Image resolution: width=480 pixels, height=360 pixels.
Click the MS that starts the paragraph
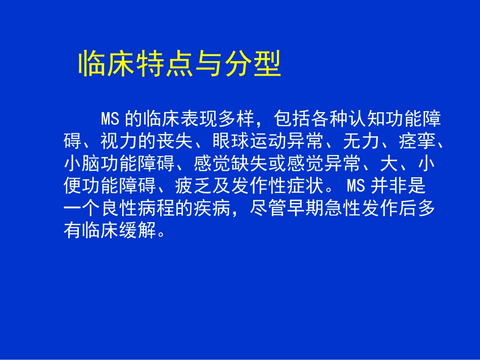point(110,119)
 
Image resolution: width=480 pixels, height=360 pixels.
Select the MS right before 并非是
point(356,186)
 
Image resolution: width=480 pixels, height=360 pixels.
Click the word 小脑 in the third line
point(82,164)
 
